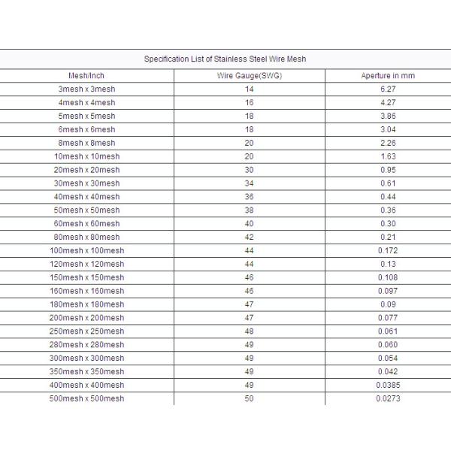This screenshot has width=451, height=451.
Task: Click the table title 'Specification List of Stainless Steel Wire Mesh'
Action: click(225, 59)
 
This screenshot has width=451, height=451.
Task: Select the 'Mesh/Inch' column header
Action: click(86, 76)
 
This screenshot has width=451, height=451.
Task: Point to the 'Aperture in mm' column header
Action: click(388, 76)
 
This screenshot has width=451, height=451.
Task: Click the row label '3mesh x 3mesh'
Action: click(86, 89)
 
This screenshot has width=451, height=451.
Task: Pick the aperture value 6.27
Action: click(388, 89)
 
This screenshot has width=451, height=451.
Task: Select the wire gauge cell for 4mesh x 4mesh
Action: click(249, 103)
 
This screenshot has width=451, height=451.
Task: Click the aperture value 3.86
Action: click(388, 117)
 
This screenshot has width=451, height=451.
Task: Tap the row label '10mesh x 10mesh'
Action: click(86, 156)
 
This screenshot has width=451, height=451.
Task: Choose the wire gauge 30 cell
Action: click(249, 170)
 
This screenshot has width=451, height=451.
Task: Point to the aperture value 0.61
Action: click(388, 183)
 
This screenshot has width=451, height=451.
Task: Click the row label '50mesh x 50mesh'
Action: click(86, 210)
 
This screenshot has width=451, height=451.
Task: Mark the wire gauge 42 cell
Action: click(249, 238)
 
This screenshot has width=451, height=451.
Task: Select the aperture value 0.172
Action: click(388, 250)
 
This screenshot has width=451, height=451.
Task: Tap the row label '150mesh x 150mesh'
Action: click(86, 277)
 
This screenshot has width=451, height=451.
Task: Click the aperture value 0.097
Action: click(388, 291)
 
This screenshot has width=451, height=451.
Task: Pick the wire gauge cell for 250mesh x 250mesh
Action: click(249, 331)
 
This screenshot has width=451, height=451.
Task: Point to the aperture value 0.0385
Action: click(388, 385)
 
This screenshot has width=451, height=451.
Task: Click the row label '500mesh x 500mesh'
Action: click(86, 398)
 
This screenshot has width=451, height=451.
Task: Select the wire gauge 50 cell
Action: click(249, 398)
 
